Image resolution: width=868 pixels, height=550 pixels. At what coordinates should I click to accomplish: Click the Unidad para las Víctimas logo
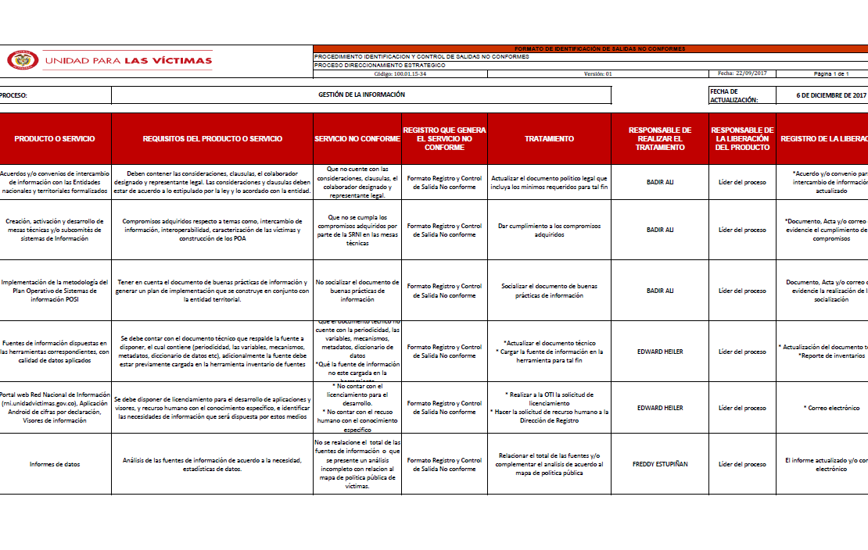(x=110, y=60)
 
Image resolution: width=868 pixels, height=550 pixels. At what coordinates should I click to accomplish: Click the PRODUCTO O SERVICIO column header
(x=55, y=138)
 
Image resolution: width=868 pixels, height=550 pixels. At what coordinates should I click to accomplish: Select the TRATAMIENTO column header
(x=549, y=138)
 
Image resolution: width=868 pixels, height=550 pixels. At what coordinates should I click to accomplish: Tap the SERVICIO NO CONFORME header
(x=357, y=138)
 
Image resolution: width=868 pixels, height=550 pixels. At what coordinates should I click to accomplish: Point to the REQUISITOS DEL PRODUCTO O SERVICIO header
(x=213, y=138)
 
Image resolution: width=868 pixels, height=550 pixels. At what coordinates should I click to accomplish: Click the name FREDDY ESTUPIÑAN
(x=660, y=464)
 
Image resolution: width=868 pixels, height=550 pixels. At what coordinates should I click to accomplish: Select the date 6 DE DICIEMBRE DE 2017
(x=831, y=95)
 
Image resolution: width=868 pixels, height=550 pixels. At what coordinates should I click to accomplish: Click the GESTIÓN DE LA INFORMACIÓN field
(x=361, y=95)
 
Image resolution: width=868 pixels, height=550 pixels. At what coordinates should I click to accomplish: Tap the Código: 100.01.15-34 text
(x=400, y=73)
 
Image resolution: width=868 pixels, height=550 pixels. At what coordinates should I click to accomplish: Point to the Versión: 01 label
(x=597, y=73)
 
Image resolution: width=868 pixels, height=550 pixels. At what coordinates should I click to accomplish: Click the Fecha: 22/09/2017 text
(x=742, y=73)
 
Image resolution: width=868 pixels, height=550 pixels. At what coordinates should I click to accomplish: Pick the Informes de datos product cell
(x=55, y=464)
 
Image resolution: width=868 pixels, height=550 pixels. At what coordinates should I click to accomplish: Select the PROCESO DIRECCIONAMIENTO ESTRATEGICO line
(x=380, y=65)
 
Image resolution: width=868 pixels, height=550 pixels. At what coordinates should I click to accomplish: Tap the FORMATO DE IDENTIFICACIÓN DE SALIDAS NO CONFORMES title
(x=600, y=48)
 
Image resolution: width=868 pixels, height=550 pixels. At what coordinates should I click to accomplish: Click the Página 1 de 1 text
(x=830, y=73)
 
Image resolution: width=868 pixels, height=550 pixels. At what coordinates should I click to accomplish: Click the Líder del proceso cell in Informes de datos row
(x=742, y=464)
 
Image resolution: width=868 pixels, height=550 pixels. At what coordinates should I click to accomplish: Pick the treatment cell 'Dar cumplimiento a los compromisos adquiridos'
(x=549, y=230)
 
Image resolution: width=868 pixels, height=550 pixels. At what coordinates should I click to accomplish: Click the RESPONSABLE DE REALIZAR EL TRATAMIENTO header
(x=660, y=138)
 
